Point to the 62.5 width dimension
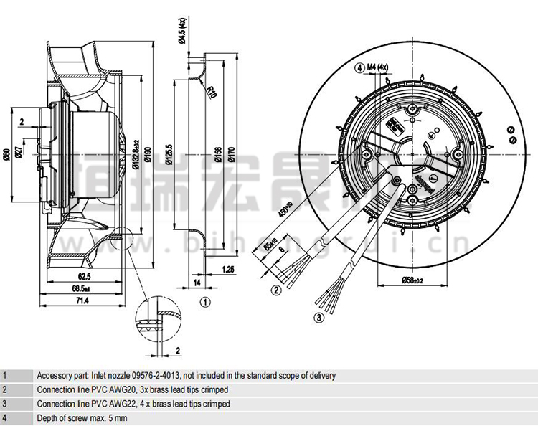(x=84, y=276)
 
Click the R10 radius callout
(x=212, y=91)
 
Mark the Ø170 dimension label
(x=231, y=152)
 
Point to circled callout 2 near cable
(x=275, y=290)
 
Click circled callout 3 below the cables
(x=319, y=318)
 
